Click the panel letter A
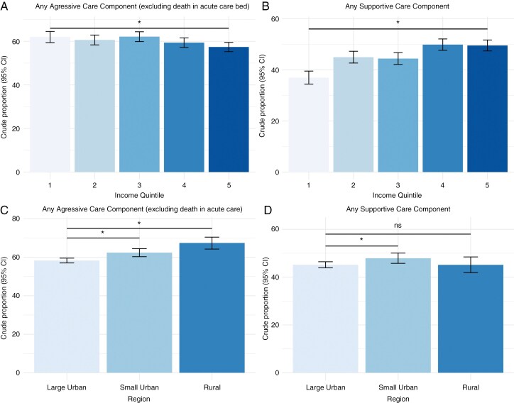(x=5, y=7)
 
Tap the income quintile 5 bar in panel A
(x=229, y=110)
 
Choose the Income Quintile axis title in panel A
(x=139, y=194)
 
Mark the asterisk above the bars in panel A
(x=139, y=23)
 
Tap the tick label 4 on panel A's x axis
(x=184, y=184)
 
